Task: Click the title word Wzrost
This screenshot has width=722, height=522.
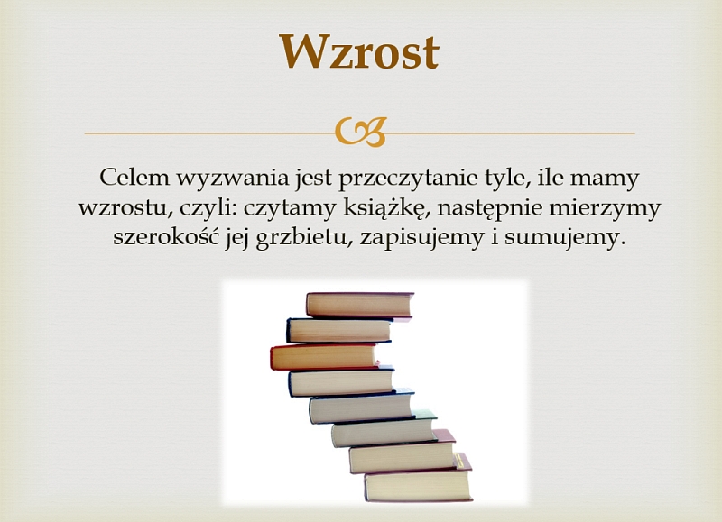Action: pyautogui.click(x=359, y=51)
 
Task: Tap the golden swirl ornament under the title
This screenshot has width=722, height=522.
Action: pyautogui.click(x=360, y=132)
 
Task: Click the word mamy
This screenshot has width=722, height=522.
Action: pyautogui.click(x=605, y=179)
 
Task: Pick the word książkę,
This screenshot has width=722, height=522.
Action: pyautogui.click(x=387, y=209)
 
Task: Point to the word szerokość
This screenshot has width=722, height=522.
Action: pyautogui.click(x=166, y=236)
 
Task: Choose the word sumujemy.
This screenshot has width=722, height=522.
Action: pyautogui.click(x=565, y=238)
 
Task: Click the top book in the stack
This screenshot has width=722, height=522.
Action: pyautogui.click(x=360, y=305)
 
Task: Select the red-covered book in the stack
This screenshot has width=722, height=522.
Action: pyautogui.click(x=325, y=357)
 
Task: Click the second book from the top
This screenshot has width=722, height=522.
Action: pyautogui.click(x=339, y=330)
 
